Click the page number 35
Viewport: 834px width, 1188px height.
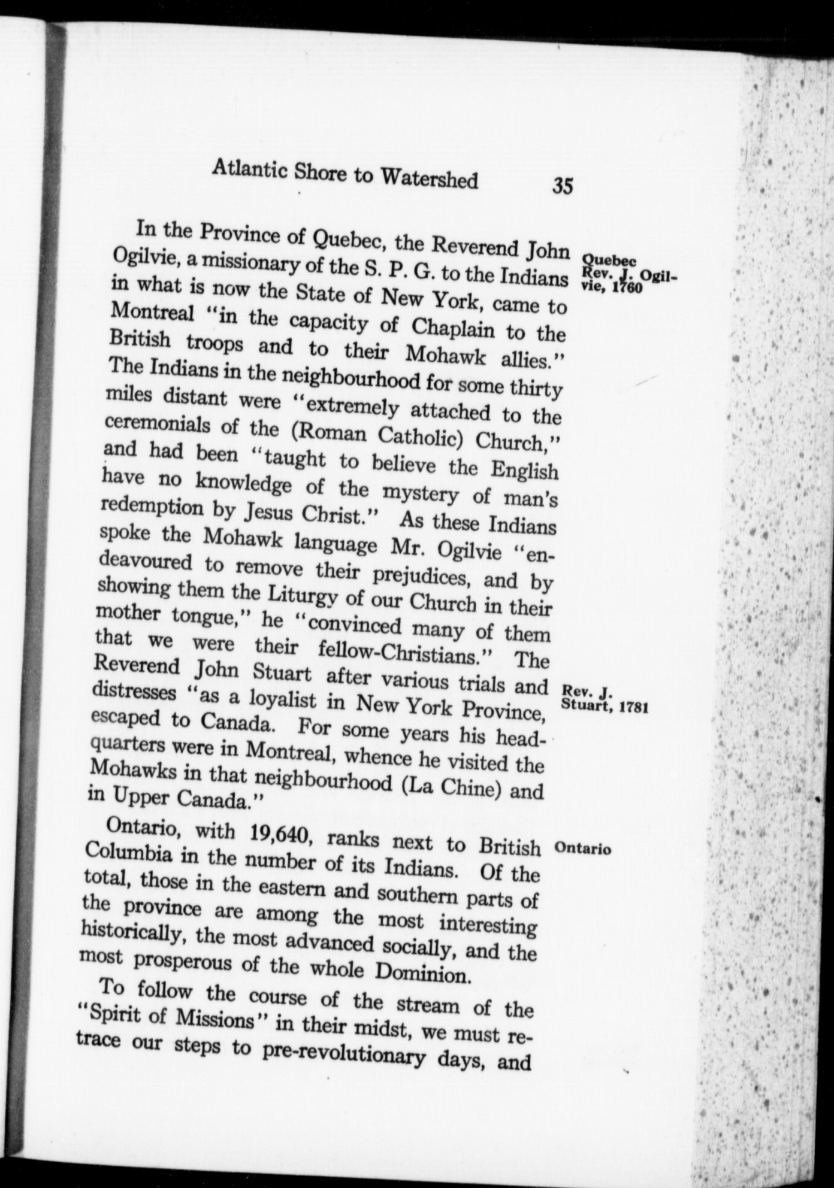click(563, 186)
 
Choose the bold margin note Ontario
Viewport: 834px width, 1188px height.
click(582, 849)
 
